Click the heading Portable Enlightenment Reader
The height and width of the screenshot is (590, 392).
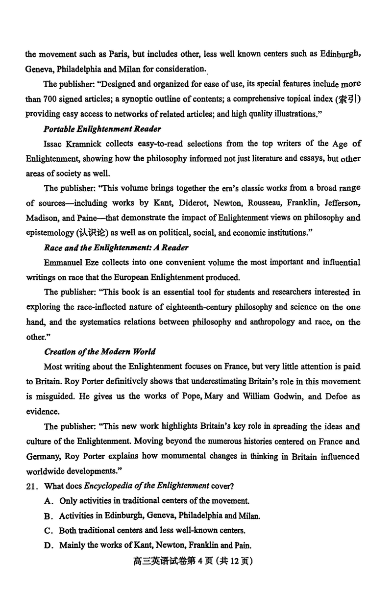coord(102,129)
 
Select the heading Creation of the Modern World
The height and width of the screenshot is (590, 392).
coord(100,351)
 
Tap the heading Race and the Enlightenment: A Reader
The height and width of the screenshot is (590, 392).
coord(116,247)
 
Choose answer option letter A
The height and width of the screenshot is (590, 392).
coord(48,501)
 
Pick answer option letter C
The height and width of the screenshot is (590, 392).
coord(48,530)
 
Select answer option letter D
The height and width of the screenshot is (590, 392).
coord(48,545)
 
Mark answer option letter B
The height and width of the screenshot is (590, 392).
coord(48,516)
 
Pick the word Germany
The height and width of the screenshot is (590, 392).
coord(44,456)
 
